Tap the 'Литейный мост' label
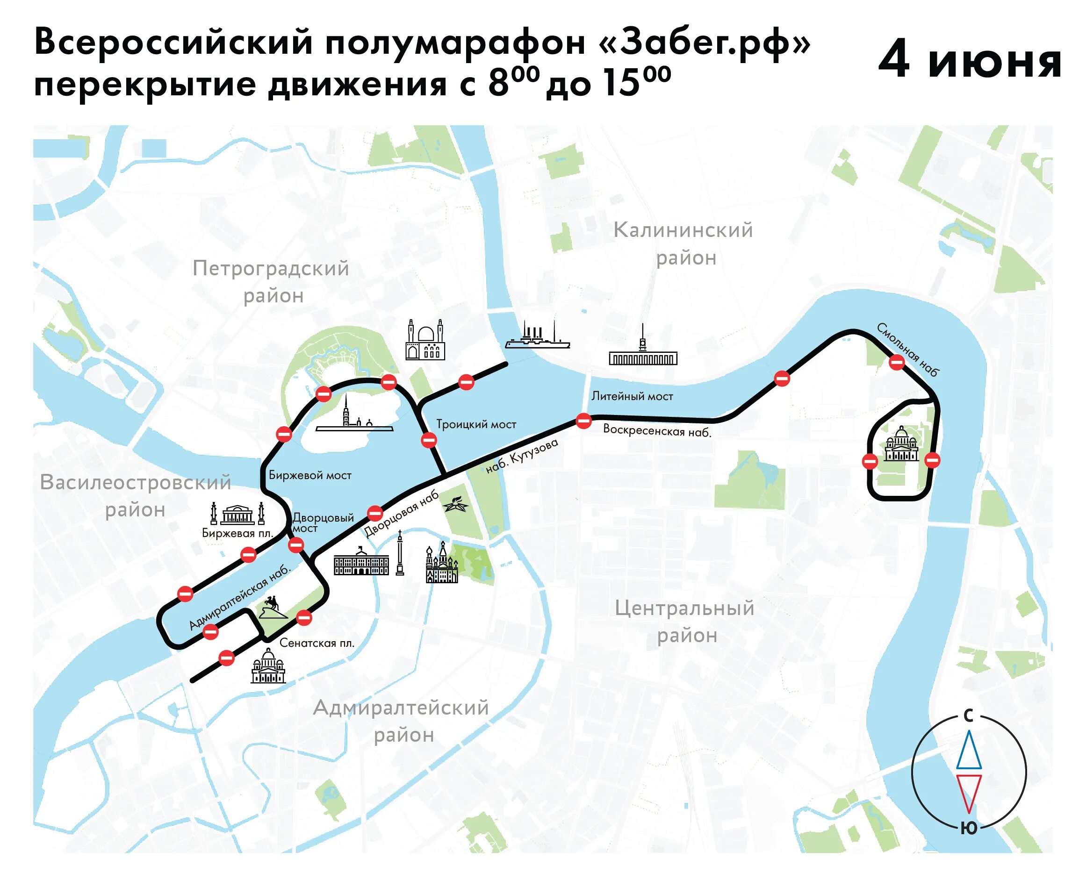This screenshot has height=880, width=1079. [632, 396]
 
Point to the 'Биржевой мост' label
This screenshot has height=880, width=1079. [310, 475]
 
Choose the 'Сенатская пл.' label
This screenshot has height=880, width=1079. [317, 643]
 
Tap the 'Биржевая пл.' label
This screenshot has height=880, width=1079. [237, 533]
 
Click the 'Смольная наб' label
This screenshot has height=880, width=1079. [908, 350]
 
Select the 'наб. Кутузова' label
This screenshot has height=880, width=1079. [522, 456]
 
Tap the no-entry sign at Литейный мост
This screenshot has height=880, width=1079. [583, 421]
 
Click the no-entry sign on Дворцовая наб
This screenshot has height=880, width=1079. [375, 514]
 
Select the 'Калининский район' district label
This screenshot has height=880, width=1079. [683, 244]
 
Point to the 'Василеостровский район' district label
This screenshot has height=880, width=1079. [136, 496]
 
